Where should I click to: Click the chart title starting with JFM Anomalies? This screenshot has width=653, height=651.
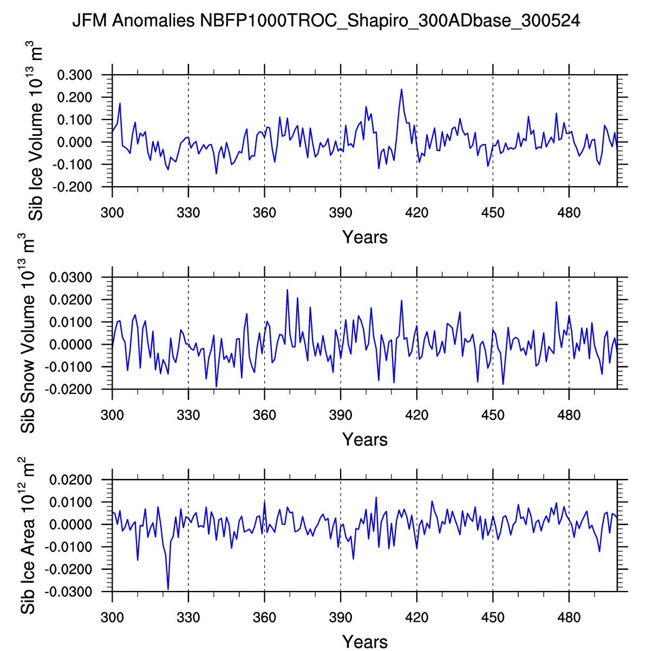tap(326, 21)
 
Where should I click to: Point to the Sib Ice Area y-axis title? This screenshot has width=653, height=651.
tap(28, 536)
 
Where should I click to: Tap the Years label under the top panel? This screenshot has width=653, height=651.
tap(364, 237)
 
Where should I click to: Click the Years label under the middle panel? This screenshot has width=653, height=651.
tap(364, 439)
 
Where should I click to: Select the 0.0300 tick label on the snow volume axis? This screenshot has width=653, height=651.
tap(70, 278)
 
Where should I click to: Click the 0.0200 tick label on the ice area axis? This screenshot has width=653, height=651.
tap(70, 480)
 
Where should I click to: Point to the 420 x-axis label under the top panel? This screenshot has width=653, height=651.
tap(416, 213)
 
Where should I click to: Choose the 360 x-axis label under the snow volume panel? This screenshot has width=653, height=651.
tap(264, 415)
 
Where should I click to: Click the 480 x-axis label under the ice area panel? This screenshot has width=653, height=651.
tap(569, 617)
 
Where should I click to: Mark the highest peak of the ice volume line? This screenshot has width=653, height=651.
tap(401, 89)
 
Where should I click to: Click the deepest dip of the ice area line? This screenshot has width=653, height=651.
tap(168, 589)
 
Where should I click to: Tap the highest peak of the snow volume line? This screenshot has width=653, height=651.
tap(287, 290)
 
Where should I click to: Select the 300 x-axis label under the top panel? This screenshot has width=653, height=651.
tap(112, 213)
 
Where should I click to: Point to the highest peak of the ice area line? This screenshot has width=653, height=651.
tap(376, 497)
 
